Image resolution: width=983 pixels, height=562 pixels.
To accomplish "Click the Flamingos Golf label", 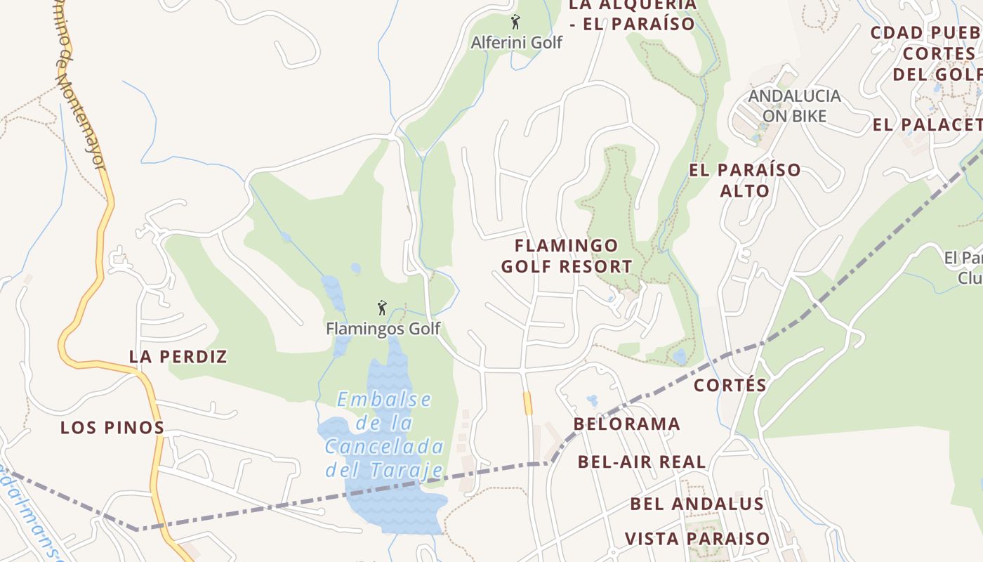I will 383,328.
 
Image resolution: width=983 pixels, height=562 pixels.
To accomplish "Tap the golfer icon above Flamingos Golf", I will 382,308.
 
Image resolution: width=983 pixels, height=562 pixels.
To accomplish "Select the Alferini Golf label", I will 516,42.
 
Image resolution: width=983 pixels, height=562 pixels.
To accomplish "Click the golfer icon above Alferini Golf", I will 515,22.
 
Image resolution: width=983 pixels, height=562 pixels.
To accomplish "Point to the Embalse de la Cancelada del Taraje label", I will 384,435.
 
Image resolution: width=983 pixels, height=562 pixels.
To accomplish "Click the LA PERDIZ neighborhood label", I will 178,356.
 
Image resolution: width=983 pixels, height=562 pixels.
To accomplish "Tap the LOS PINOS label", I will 112,427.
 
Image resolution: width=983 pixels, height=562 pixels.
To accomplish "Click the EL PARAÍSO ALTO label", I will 744,180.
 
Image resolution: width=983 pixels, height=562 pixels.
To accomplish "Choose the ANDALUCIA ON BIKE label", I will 793,105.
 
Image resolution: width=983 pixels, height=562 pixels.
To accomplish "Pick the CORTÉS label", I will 730,385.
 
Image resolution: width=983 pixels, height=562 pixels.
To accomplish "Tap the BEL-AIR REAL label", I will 642,462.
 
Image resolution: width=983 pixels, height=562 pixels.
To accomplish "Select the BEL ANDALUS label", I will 697,504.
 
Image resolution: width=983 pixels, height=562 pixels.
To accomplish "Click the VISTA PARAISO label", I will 697,539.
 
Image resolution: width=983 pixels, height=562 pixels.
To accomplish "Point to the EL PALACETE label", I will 927,125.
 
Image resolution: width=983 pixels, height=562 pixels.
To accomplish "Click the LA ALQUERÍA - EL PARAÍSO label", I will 632,14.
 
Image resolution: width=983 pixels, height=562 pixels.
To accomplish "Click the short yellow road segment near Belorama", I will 527,403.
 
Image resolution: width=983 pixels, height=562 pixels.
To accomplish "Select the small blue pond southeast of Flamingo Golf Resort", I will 679,356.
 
